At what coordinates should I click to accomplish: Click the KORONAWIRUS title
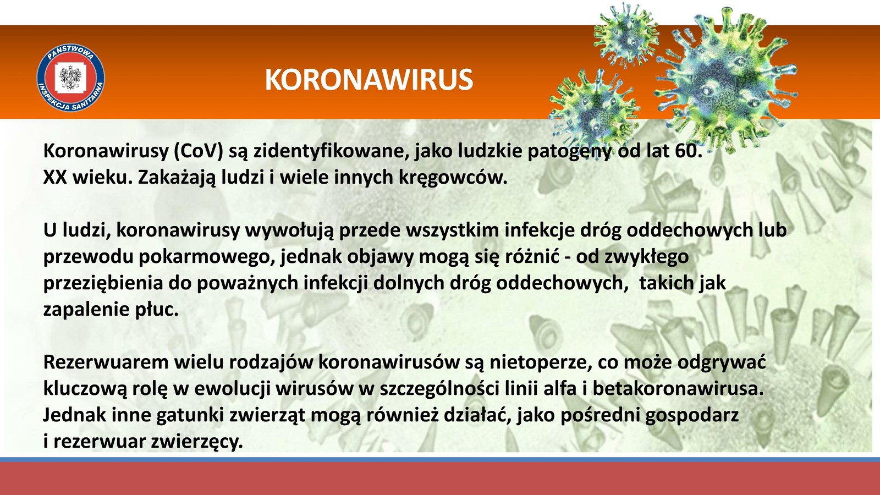(369, 80)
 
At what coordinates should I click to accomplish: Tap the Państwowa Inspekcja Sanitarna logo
(71, 78)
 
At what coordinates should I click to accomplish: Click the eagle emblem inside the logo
(71, 77)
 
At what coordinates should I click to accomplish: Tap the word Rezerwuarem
(106, 362)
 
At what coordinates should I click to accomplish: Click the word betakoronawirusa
(678, 388)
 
